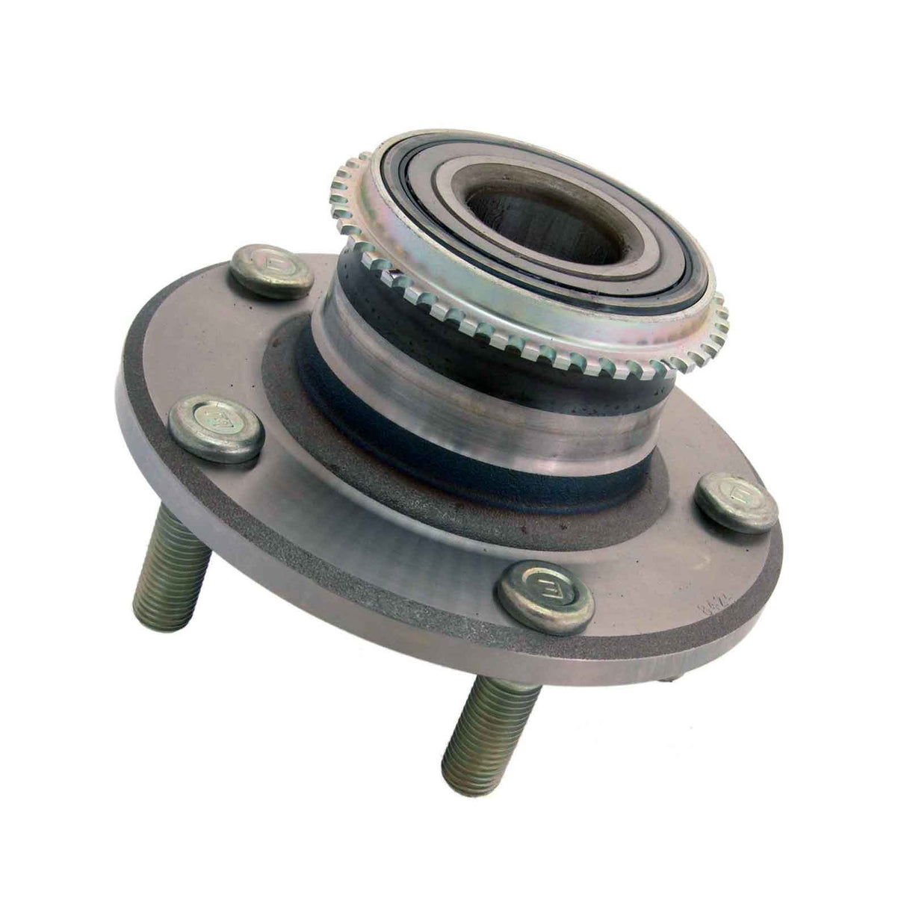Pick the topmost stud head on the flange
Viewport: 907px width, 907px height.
pyautogui.click(x=270, y=271)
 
